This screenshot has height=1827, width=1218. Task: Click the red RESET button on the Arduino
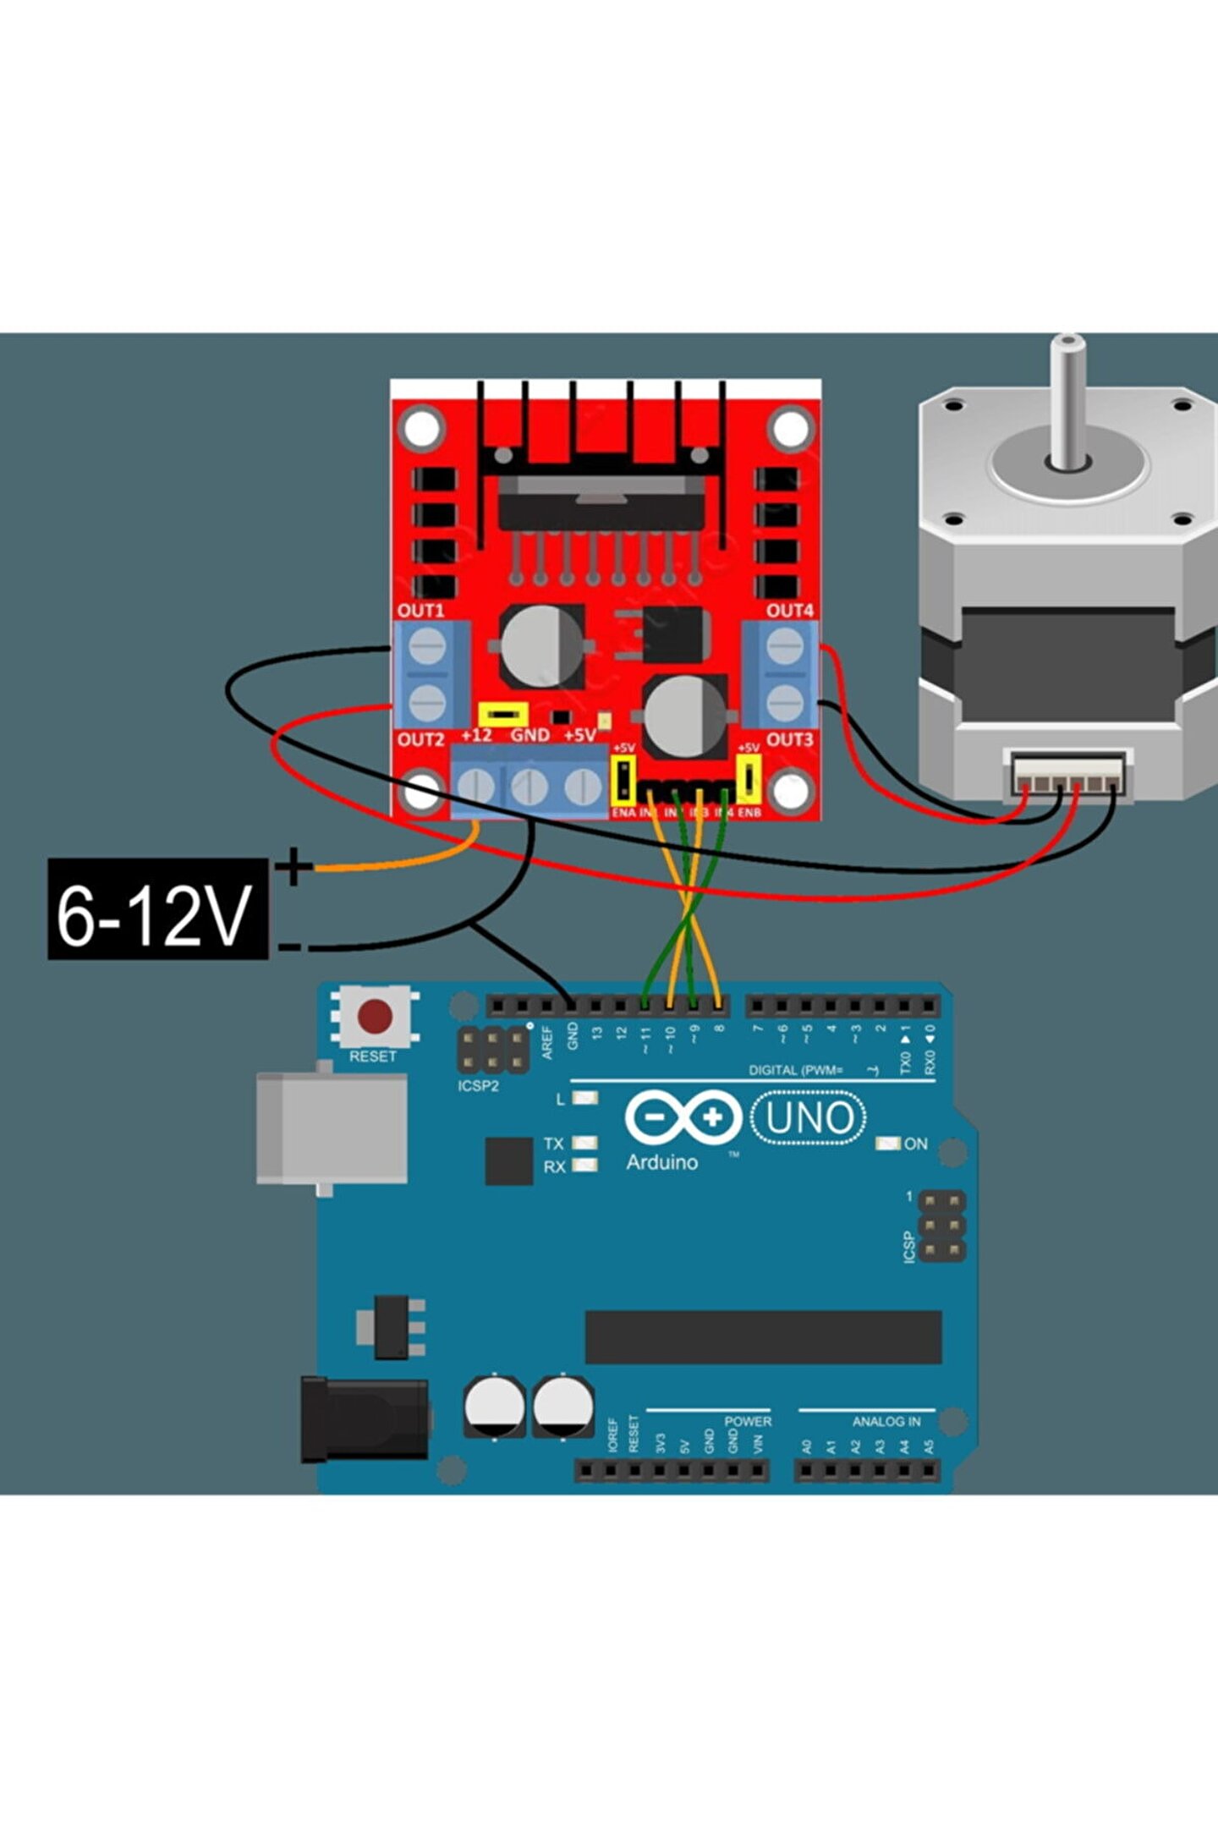(375, 1017)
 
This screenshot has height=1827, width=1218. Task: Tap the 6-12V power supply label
(157, 908)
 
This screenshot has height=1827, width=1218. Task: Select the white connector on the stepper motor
(1068, 771)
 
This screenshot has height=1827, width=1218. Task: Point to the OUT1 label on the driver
(420, 610)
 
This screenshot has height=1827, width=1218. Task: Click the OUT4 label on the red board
(790, 610)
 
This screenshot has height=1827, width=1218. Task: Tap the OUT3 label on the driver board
(790, 739)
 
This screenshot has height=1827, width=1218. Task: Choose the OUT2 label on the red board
(420, 739)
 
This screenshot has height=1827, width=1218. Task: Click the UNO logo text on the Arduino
(809, 1118)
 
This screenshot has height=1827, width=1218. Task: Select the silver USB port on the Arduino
(332, 1127)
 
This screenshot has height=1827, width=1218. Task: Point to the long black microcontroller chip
(763, 1337)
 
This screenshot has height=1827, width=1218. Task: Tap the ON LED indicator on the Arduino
(887, 1144)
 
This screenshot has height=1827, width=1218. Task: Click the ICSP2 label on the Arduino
(478, 1086)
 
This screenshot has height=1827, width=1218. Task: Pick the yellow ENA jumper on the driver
(623, 779)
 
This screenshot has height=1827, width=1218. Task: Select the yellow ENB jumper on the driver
(749, 779)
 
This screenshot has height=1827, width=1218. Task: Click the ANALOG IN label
(886, 1422)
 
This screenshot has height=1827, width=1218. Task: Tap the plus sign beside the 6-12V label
(293, 866)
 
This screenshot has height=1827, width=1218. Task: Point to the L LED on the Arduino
(584, 1099)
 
